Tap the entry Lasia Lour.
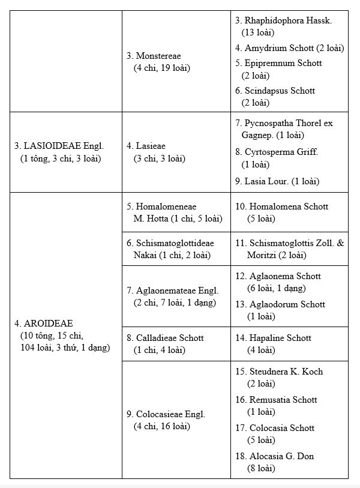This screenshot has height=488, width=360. pyautogui.click(x=277, y=181)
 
